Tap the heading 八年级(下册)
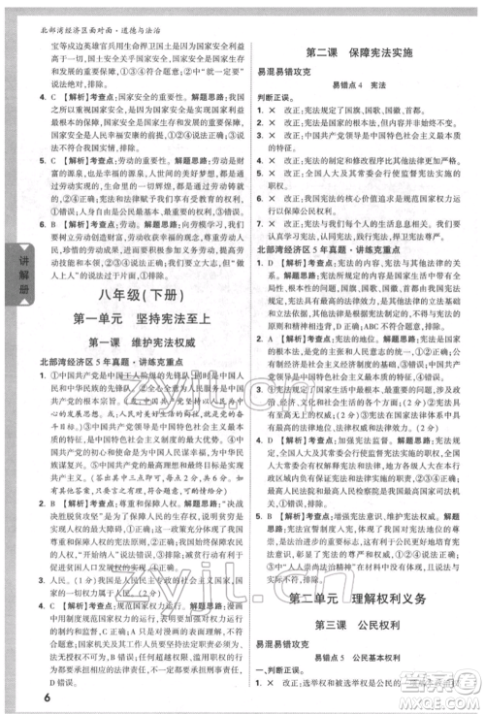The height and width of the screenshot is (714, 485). click(130, 292)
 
